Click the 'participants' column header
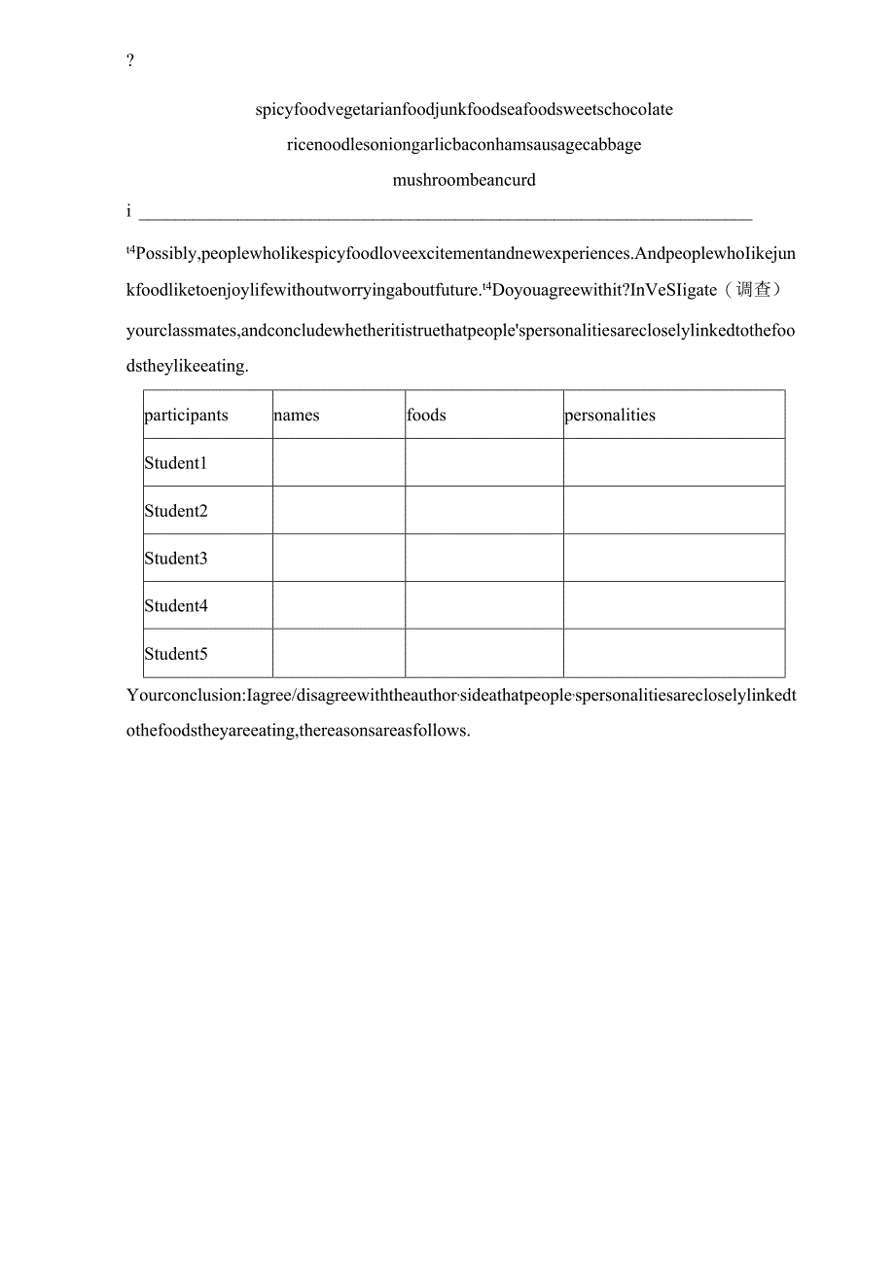pos(186,416)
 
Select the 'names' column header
pos(297,416)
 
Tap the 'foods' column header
pos(427,416)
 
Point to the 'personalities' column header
pos(610,416)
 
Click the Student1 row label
pos(176,463)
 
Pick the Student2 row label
pos(176,511)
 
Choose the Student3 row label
pos(176,559)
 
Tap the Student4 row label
pos(176,606)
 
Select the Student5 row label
pos(176,654)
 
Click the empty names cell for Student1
pos(339,463)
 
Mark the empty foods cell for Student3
pos(483,559)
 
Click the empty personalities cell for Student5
pos(673,654)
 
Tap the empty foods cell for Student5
pos(483,654)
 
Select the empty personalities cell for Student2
pos(673,511)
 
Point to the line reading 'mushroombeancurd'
pos(464,180)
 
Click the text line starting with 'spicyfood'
pos(464,110)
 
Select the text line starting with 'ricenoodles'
pos(464,145)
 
